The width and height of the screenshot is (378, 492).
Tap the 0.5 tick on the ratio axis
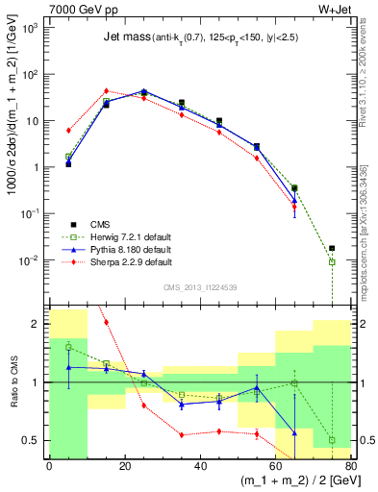click(x=32, y=440)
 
